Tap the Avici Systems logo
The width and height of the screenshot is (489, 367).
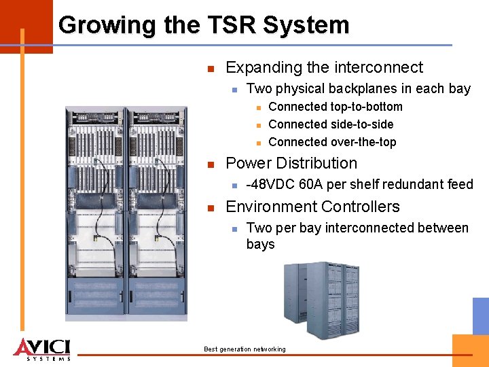(41, 348)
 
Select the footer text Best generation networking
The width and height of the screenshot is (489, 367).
(244, 349)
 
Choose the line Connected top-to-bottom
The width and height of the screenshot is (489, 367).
(336, 107)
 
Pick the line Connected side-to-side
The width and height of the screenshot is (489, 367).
(331, 124)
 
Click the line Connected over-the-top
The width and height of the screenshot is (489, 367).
(332, 142)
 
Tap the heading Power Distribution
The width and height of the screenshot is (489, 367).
(291, 163)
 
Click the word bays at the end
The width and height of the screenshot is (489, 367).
(260, 244)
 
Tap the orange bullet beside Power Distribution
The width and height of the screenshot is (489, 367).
(211, 164)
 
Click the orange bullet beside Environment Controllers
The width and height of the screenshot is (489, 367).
(211, 208)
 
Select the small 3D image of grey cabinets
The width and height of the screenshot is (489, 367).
(322, 298)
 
